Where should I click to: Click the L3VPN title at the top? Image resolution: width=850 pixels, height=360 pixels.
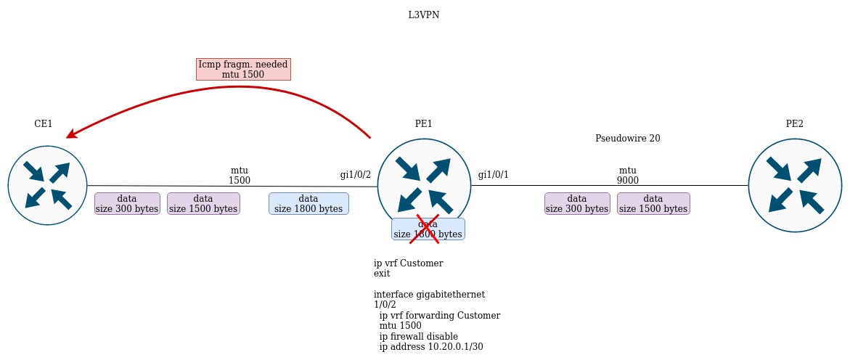point(423,15)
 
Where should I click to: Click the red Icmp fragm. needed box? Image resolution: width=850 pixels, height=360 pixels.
point(243,69)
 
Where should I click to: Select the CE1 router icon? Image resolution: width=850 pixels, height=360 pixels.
point(48,185)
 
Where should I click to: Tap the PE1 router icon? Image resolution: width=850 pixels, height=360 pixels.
point(424,185)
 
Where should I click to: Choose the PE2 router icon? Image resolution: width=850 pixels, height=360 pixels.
point(795,185)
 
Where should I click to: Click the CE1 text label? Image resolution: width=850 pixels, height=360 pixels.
point(44,124)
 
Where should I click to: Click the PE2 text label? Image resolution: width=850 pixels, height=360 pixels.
point(795,124)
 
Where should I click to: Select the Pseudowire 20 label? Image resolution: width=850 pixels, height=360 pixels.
point(627,138)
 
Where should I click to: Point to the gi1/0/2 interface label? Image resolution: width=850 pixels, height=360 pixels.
point(356,175)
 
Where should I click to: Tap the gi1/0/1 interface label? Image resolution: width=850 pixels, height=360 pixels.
point(494,175)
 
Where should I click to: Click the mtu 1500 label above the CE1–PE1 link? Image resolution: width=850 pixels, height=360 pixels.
point(240,176)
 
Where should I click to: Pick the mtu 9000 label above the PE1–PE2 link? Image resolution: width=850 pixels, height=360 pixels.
point(628,176)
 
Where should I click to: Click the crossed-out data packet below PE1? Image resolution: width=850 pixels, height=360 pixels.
point(428,229)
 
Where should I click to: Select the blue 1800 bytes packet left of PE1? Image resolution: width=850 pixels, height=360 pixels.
point(308,203)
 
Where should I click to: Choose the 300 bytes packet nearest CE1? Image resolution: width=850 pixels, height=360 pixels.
point(127,203)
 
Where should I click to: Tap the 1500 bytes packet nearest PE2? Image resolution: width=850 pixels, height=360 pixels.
point(653,203)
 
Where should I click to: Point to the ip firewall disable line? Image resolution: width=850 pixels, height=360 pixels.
point(419,337)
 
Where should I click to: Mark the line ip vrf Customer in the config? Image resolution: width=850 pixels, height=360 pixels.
point(408,263)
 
